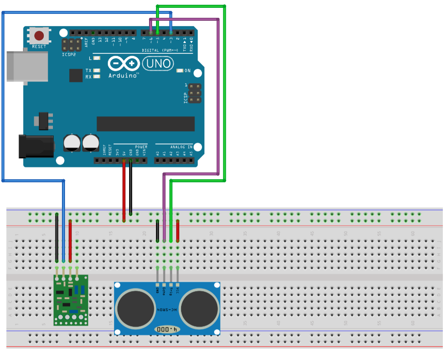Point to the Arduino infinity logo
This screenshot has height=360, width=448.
123,64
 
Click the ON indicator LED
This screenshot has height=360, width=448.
181,71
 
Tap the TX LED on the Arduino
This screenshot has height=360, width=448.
97,70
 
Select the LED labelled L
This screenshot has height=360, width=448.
97,58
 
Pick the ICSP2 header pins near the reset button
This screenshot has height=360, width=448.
71,44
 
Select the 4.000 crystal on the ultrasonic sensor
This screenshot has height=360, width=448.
167,330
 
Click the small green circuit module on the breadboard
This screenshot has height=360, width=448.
71,299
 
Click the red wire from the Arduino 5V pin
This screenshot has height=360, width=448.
124,191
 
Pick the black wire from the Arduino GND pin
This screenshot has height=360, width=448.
131,191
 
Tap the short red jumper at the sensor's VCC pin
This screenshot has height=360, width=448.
178,230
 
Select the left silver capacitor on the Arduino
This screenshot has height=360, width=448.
72,143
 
